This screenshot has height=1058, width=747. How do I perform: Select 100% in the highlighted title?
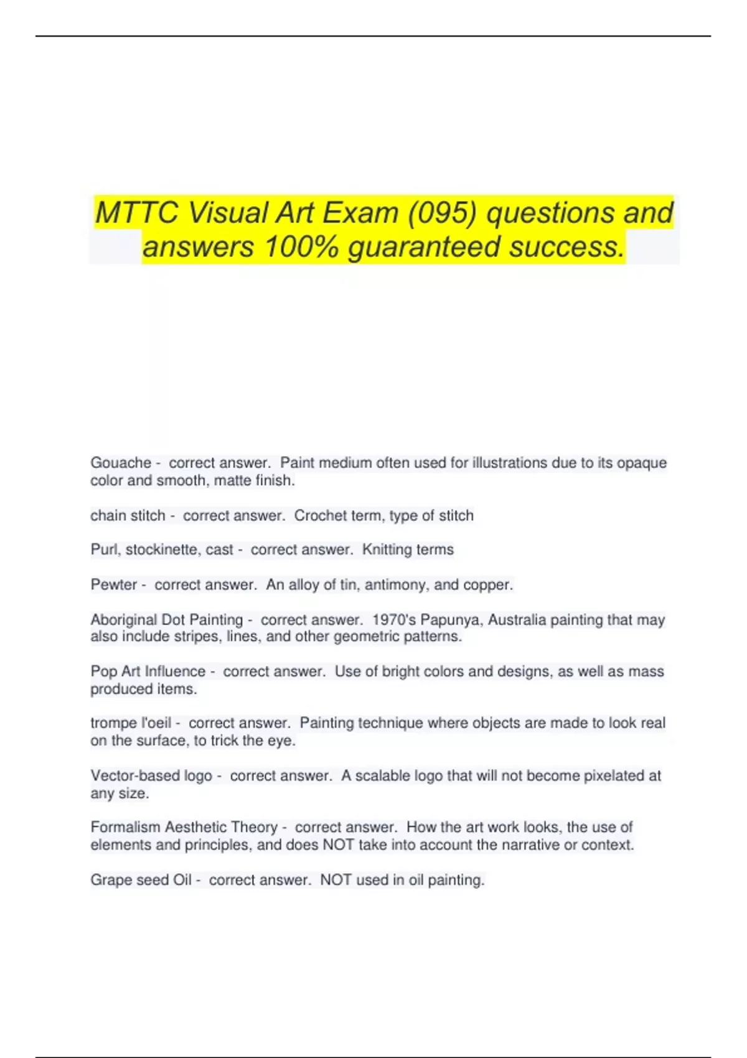point(301,246)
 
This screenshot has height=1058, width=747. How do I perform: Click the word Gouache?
point(121,463)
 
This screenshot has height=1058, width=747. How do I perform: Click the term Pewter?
point(113,585)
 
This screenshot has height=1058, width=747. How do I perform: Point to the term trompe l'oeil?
point(131,723)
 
